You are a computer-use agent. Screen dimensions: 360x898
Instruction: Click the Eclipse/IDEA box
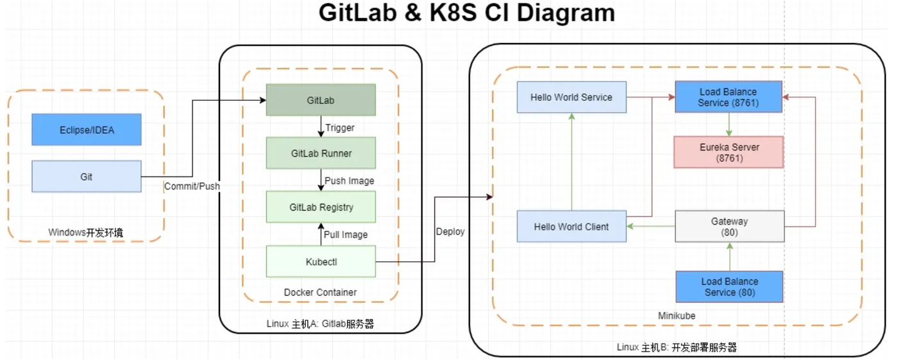coord(87,130)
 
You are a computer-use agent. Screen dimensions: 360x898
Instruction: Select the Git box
coord(87,176)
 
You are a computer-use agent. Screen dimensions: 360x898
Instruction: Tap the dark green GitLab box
coord(321,101)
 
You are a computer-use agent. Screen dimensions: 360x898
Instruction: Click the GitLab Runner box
coord(321,154)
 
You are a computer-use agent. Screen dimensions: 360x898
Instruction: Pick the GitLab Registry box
coord(321,207)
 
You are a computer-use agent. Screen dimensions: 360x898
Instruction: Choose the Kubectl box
coord(321,261)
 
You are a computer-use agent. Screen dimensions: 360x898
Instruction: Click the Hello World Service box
coord(572,98)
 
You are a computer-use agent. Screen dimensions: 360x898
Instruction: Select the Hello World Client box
coord(572,227)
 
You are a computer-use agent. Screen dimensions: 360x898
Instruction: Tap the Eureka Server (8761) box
coord(729,152)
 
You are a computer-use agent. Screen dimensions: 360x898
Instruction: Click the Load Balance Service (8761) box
coord(729,97)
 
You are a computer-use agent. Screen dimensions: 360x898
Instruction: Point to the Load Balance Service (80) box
coord(729,287)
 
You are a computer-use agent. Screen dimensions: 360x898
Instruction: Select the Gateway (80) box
coord(729,227)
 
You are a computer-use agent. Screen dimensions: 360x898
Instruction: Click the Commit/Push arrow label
coord(192,186)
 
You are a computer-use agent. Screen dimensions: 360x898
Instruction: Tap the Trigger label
coord(339,128)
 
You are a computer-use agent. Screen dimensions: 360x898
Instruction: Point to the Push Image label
coord(349,181)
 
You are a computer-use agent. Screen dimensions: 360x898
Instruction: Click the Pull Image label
coord(345,235)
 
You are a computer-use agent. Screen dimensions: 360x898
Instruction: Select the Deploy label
coord(450,232)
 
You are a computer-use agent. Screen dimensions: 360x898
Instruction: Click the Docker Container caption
coord(320,293)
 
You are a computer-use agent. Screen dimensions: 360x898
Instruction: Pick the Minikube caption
coord(677,316)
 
